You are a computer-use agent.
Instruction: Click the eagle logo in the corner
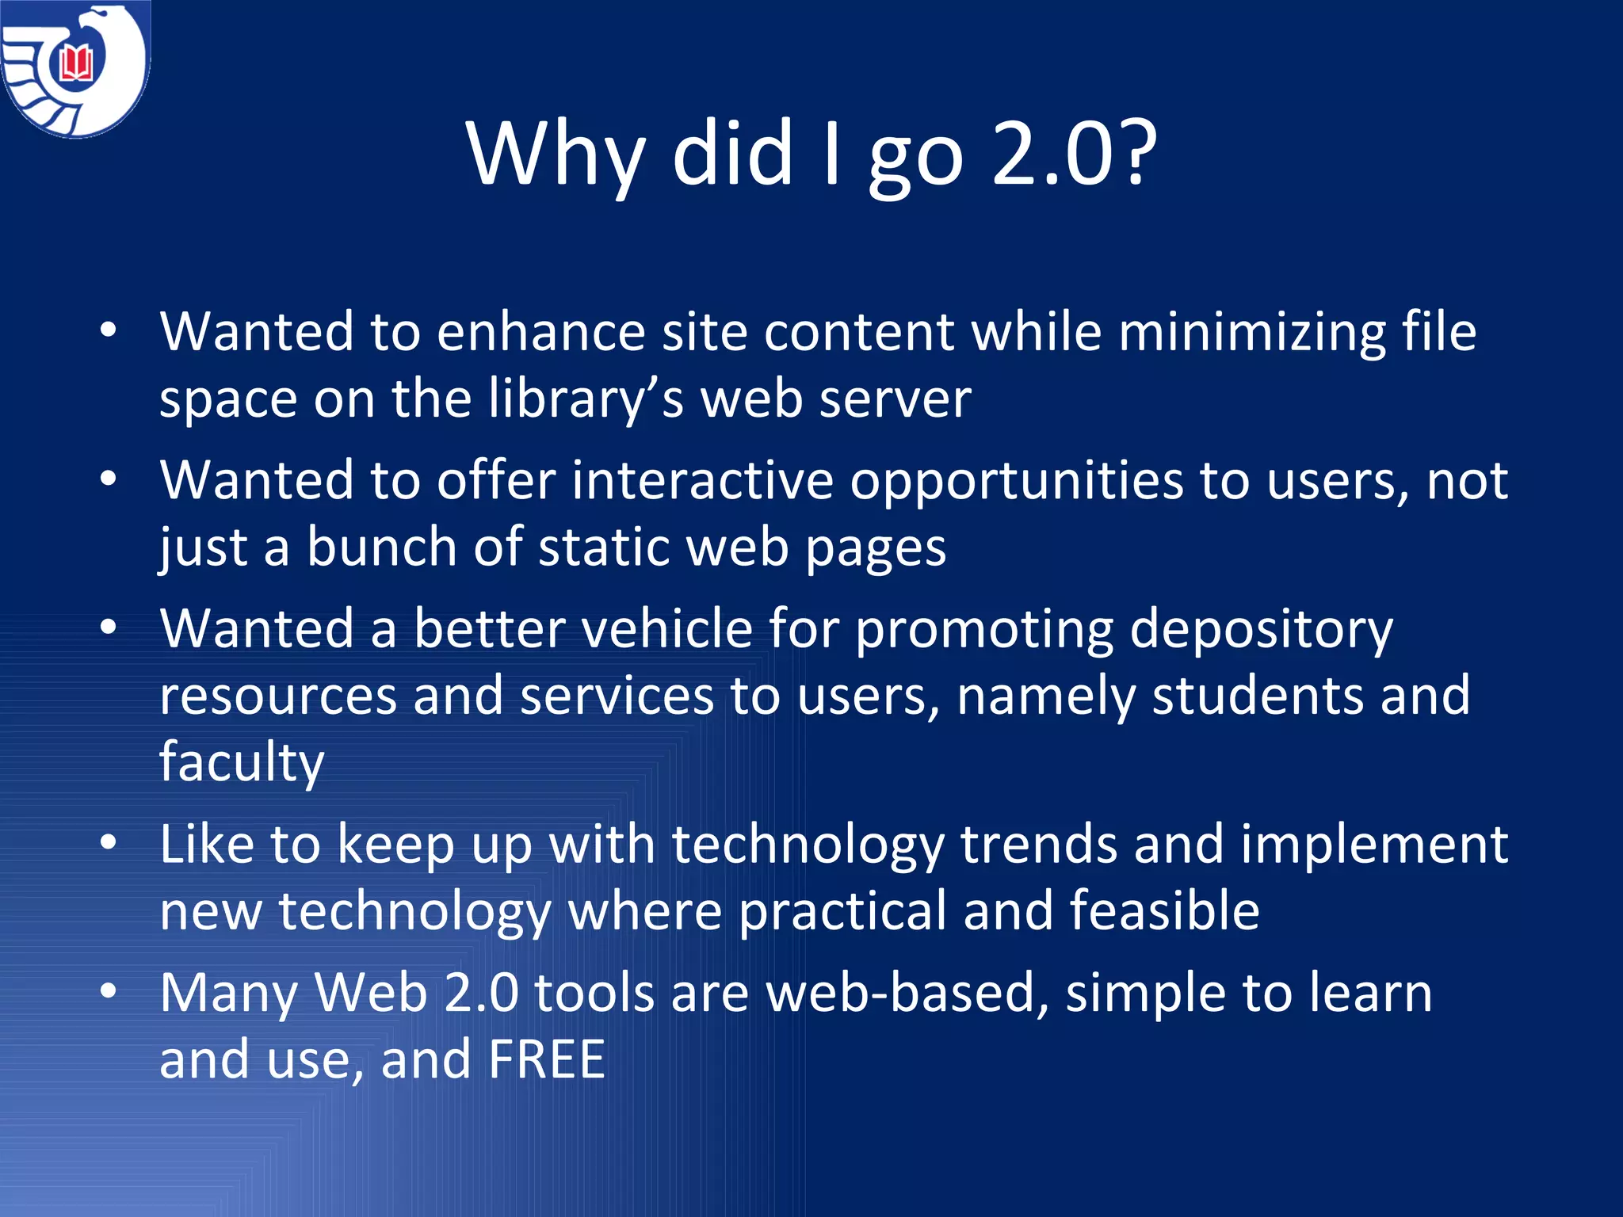pos(75,70)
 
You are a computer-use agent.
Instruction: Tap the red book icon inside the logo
pos(77,63)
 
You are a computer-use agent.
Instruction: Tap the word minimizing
pos(1252,333)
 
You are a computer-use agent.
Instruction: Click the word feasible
pos(1164,910)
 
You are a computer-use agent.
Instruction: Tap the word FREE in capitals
pos(547,1059)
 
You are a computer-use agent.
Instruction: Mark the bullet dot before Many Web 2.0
pos(109,990)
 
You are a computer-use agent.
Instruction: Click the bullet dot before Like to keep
pos(109,842)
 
